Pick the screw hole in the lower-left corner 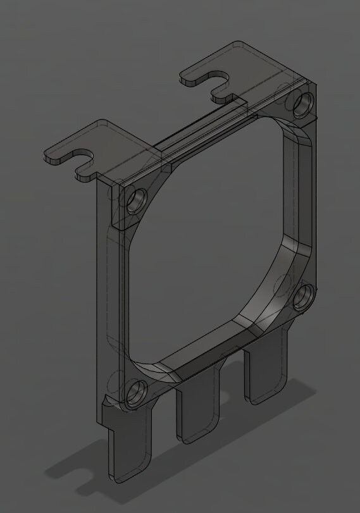(x=136, y=394)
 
